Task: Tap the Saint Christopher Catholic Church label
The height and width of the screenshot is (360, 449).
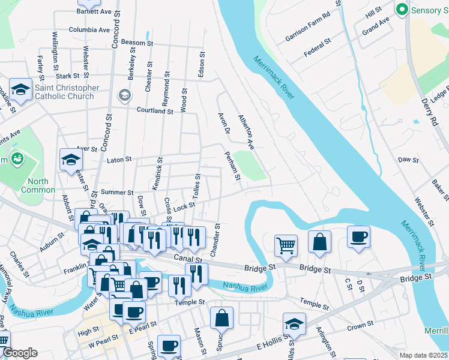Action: point(67,92)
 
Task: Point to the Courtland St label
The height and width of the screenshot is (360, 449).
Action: point(155,110)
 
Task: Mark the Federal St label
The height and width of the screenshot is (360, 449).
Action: point(318,49)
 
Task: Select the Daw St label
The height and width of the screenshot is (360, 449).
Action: point(408,160)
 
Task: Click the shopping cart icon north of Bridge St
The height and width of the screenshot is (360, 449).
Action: point(286,244)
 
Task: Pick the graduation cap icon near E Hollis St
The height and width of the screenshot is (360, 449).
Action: point(294,324)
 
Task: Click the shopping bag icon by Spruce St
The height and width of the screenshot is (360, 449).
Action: point(222,317)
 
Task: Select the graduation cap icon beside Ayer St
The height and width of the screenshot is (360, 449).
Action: point(71,160)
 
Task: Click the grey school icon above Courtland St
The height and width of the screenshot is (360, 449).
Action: point(124,94)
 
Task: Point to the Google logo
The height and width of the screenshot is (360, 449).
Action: point(20,353)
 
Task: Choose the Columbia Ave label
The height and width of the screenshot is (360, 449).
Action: point(89,29)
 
